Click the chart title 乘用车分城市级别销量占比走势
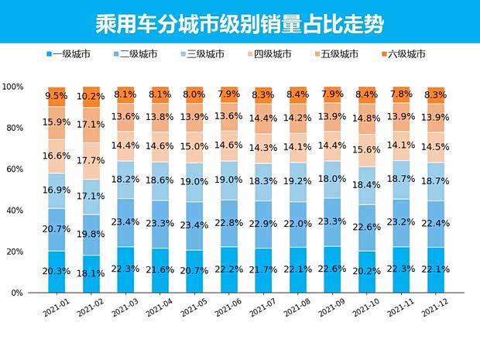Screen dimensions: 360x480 [239, 20]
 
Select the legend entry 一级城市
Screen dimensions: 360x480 [74, 54]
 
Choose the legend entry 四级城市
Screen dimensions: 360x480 [269, 54]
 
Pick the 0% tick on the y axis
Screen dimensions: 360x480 [16, 293]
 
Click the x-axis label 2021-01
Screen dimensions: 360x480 [57, 309]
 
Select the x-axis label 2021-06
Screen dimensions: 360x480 [229, 309]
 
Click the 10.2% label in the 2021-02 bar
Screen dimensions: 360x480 [92, 97]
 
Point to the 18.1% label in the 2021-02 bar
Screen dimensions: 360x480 [92, 273]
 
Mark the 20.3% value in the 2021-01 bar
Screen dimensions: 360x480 [57, 271]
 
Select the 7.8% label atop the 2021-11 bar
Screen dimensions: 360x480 [402, 94]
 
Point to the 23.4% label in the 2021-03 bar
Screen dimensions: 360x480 [126, 221]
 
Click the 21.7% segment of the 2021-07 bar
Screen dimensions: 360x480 [264, 269]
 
